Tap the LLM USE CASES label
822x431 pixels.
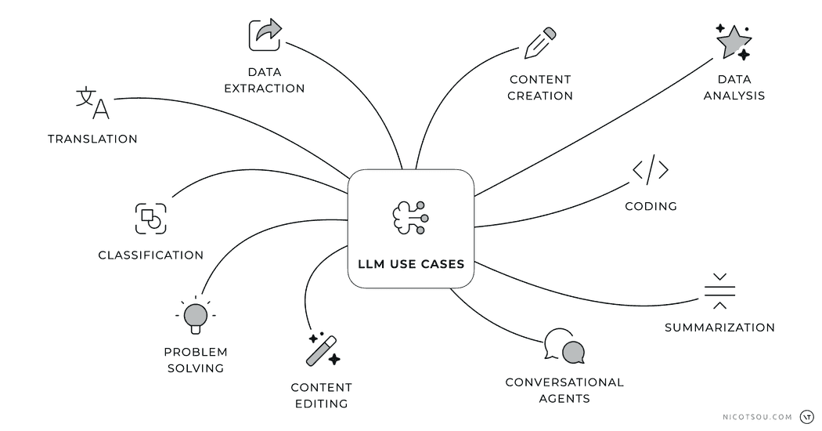click(x=410, y=264)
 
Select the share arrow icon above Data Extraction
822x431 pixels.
click(x=265, y=35)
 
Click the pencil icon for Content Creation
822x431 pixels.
click(x=540, y=43)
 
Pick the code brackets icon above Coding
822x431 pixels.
click(x=651, y=171)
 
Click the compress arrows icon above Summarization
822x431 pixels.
click(x=719, y=291)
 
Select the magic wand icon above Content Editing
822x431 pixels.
click(x=323, y=350)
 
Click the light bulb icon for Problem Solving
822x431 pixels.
click(x=195, y=315)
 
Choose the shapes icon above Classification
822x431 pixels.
click(x=150, y=218)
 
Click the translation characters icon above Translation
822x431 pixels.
click(x=92, y=103)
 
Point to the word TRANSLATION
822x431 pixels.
click(x=92, y=139)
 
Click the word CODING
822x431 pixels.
click(x=651, y=207)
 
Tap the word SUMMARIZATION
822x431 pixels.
click(x=719, y=328)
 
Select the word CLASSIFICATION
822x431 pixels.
click(x=150, y=255)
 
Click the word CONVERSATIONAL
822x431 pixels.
click(x=564, y=382)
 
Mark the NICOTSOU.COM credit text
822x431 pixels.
click(x=757, y=417)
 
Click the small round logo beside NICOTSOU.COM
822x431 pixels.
click(x=806, y=417)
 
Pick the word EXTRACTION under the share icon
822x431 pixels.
click(x=265, y=89)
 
